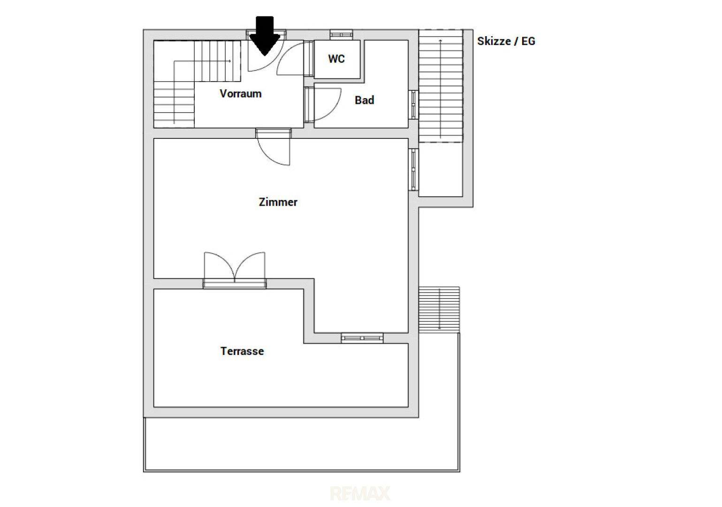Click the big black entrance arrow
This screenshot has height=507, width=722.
click(x=265, y=36)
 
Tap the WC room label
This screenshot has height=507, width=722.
click(x=336, y=59)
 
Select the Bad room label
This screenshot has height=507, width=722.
click(x=365, y=100)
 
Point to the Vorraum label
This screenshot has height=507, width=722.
click(x=241, y=94)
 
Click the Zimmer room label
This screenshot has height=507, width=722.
click(x=278, y=202)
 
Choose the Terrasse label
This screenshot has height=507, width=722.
click(x=242, y=351)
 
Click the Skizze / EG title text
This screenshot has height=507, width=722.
click(x=506, y=41)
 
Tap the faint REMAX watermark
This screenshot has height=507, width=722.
click(x=360, y=493)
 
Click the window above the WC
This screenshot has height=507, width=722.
click(x=342, y=34)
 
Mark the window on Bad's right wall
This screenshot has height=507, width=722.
click(x=413, y=105)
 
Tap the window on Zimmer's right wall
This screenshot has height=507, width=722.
click(x=413, y=169)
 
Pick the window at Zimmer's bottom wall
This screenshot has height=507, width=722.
click(x=362, y=338)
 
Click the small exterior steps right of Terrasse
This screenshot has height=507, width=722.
click(x=439, y=310)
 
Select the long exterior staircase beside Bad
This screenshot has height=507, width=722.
click(x=441, y=86)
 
